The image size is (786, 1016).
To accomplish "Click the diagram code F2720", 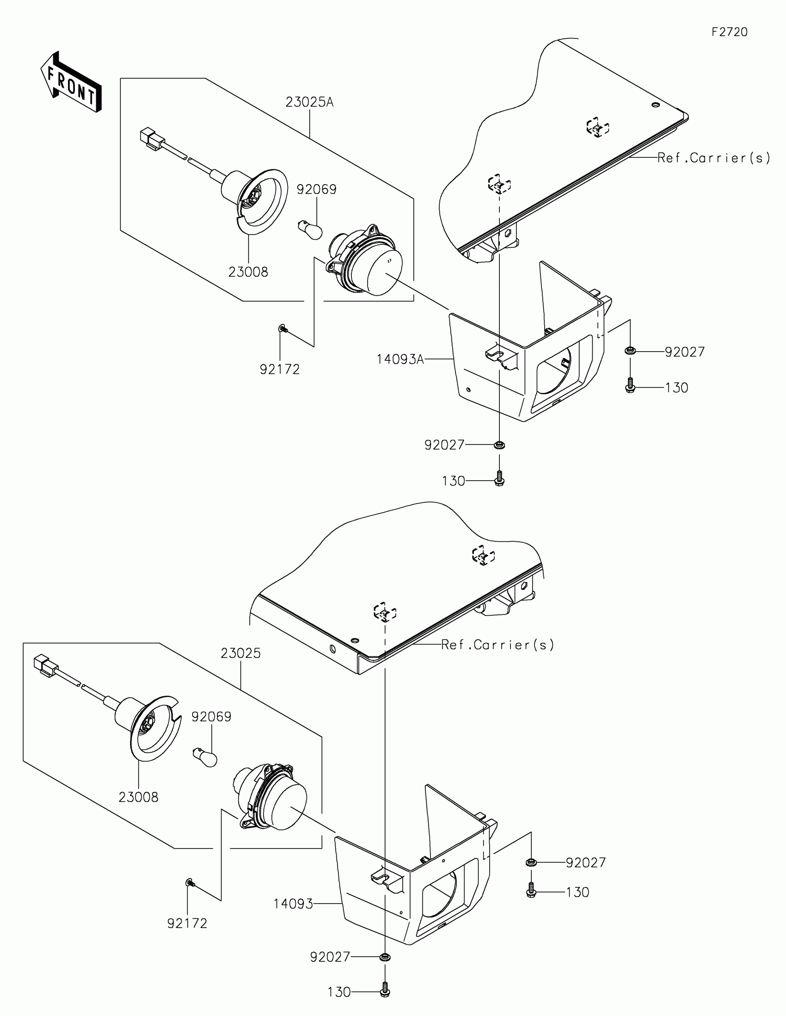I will point(729,32).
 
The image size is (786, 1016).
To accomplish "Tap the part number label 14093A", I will point(400,359).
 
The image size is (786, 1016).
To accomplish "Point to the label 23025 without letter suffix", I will point(240,653).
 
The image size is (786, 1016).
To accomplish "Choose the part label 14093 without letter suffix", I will point(293,904).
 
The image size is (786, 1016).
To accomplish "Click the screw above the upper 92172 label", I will point(282,329).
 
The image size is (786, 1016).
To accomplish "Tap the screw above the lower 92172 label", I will point(190,882).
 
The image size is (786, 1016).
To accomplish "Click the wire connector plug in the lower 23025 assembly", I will point(46,665).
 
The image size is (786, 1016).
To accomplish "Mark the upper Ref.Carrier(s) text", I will point(713,158).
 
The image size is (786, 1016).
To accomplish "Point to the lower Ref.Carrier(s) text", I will point(497,645).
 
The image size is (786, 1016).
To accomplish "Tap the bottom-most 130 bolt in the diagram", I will point(385,992).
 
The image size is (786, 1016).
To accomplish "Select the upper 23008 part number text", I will point(248,272).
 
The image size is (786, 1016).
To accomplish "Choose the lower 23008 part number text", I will point(139,797).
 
